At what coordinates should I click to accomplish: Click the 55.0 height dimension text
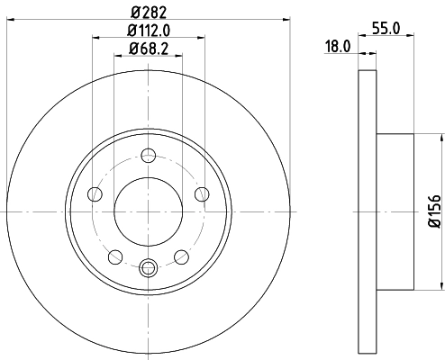click(386, 29)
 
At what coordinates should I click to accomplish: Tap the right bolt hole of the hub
click(201, 194)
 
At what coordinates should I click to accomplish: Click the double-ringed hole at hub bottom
click(149, 265)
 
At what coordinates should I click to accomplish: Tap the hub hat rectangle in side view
click(394, 211)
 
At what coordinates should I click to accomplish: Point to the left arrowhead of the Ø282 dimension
click(10, 18)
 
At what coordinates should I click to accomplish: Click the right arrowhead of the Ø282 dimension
click(287, 18)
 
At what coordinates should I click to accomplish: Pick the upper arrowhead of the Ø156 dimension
click(442, 139)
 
